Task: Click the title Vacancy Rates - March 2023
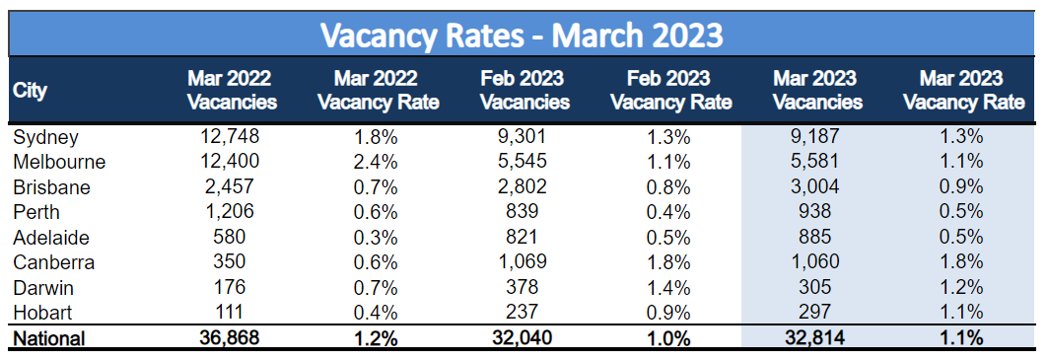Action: (x=523, y=36)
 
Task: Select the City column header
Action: (x=31, y=90)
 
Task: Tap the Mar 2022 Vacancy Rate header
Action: (x=375, y=90)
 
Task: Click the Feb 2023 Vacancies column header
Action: (x=524, y=90)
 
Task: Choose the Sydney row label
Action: (x=45, y=137)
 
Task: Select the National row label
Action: (x=49, y=337)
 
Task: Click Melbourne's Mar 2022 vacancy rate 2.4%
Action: (x=375, y=162)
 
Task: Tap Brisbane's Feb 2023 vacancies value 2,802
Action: (x=524, y=186)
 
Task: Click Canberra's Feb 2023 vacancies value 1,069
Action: (x=524, y=261)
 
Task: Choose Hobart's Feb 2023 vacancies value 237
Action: (x=524, y=311)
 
